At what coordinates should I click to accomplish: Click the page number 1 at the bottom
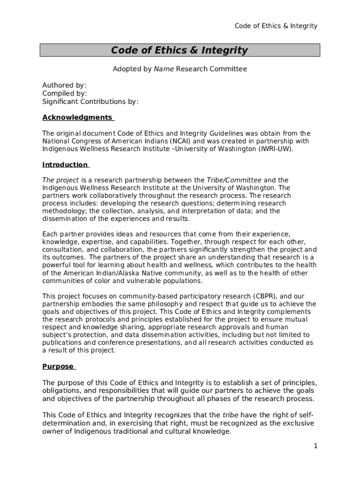(316, 446)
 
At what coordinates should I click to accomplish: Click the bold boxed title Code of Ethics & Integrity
(180, 51)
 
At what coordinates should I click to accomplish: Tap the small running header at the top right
(275, 26)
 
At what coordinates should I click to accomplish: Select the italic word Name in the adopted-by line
(164, 69)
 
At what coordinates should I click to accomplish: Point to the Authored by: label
(65, 85)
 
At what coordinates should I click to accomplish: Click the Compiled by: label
(65, 94)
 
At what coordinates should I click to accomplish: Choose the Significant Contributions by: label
(90, 102)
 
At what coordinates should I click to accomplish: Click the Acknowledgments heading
(77, 117)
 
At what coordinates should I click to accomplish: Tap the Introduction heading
(65, 165)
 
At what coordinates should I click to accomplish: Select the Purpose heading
(58, 367)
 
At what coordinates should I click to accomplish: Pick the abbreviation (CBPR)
(266, 296)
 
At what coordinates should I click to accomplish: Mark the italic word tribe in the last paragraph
(230, 415)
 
